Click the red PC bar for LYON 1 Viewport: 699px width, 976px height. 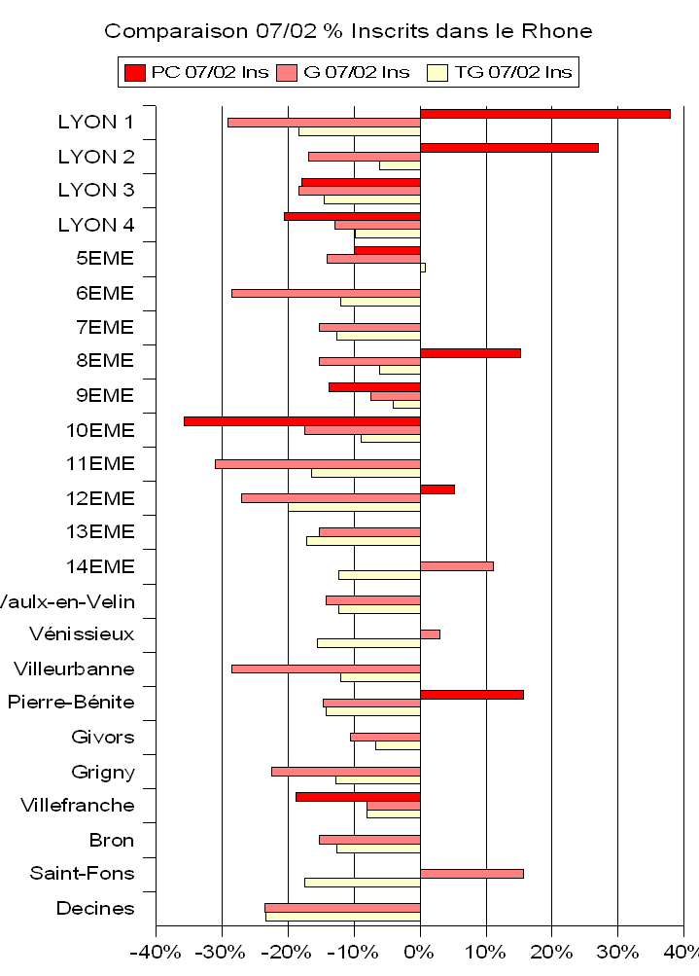544,114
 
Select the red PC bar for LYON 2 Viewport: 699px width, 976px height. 508,148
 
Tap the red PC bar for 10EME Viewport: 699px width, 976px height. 301,421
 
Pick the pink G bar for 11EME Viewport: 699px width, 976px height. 317,464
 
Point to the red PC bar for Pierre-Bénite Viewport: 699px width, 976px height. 472,694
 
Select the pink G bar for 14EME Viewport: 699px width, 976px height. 456,566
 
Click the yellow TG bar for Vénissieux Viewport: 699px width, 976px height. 368,643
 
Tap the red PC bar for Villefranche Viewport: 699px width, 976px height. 358,797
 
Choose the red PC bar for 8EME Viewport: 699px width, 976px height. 470,352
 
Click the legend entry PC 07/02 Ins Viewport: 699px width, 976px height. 194,72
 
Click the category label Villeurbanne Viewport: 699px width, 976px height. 74,669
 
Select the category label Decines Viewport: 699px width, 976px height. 95,909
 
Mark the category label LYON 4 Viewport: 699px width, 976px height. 96,225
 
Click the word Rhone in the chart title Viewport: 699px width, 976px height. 556,31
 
